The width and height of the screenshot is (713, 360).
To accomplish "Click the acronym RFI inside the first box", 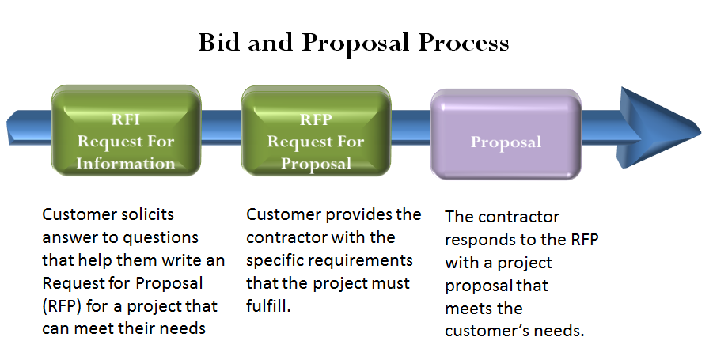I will point(125,121).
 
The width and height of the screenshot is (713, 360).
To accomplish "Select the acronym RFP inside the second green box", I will point(315,121).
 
